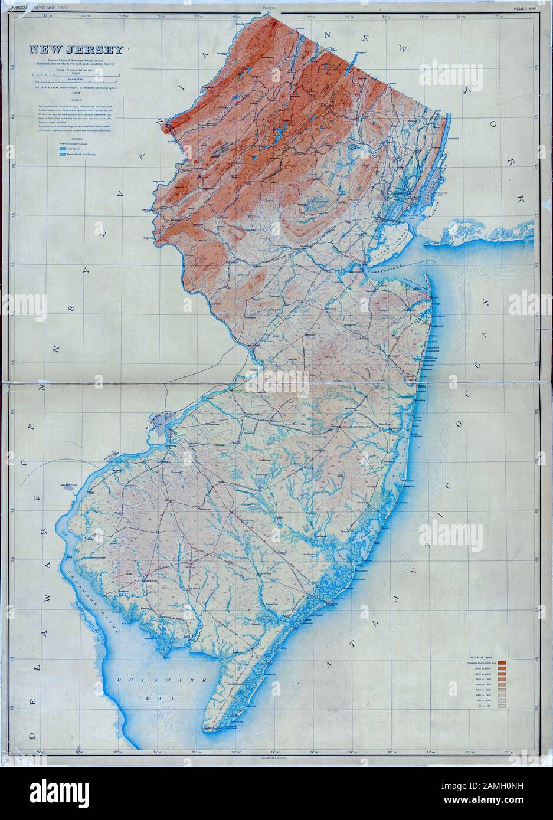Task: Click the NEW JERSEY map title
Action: (x=73, y=50)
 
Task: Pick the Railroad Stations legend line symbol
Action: (x=62, y=143)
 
